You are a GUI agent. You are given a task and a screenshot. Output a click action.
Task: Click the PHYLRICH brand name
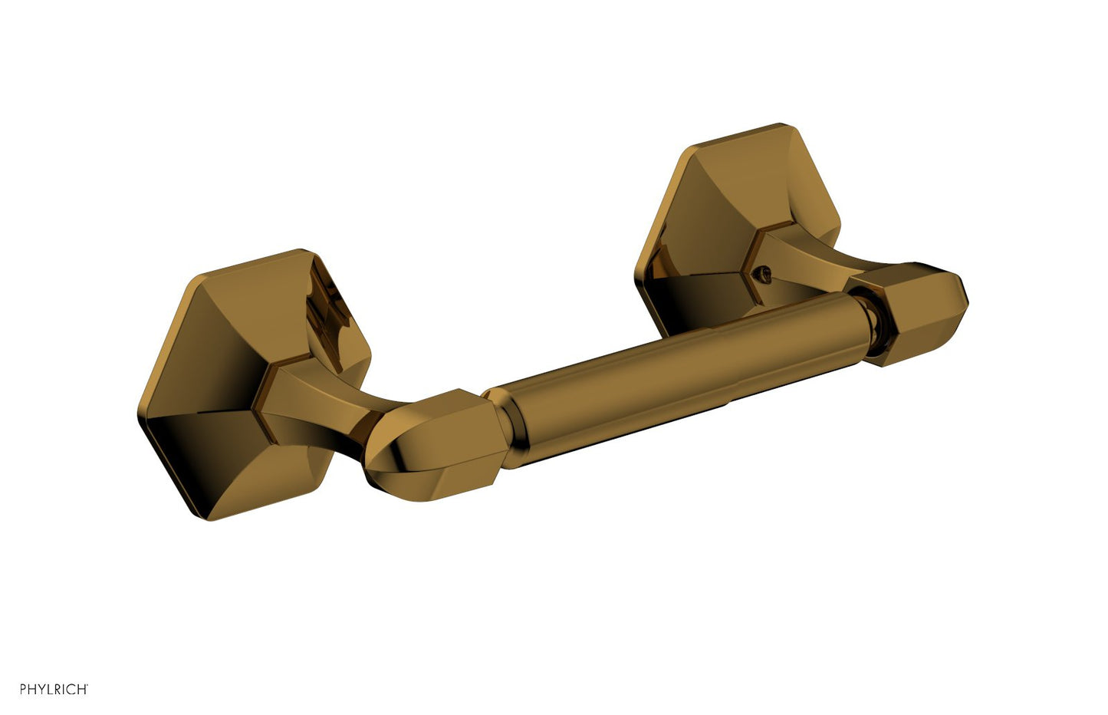[x=54, y=689]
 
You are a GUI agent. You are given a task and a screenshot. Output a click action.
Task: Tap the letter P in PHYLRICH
[x=23, y=689]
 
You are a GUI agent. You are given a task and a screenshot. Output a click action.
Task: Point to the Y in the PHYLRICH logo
[x=42, y=689]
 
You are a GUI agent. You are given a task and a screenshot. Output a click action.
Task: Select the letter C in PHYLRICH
[x=71, y=689]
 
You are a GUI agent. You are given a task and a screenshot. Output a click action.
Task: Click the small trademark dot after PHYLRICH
[x=87, y=685]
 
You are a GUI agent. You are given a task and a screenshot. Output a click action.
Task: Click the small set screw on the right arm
[x=765, y=274]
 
